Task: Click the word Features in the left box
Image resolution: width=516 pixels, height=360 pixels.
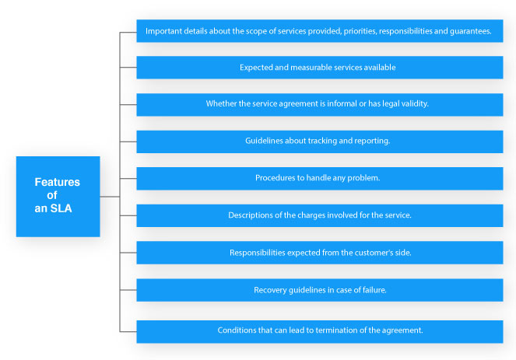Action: [x=58, y=182]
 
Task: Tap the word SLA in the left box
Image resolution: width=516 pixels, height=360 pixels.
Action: [x=61, y=208]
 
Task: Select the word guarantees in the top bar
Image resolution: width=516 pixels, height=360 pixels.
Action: [x=471, y=31]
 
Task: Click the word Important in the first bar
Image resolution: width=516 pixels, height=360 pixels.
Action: [x=160, y=31]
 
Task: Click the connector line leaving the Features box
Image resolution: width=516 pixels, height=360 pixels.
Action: [x=110, y=197]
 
